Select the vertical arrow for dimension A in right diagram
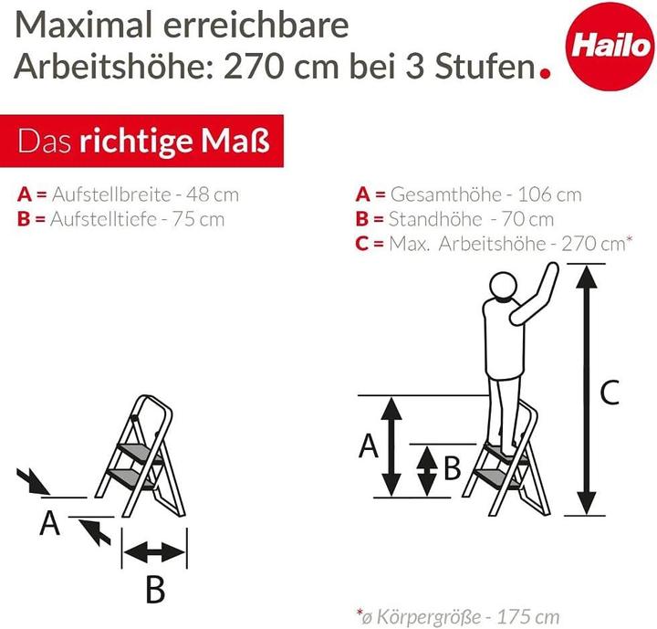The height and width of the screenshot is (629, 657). click(x=391, y=446)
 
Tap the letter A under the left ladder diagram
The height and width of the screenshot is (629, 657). click(x=51, y=524)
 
